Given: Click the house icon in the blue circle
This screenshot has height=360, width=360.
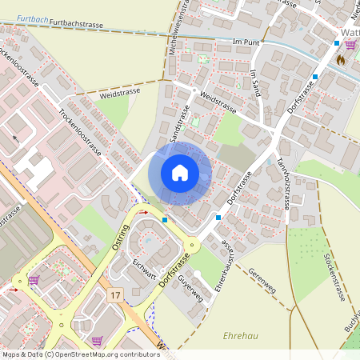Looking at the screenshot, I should click(180, 173).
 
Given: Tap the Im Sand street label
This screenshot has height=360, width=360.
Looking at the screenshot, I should click(256, 83).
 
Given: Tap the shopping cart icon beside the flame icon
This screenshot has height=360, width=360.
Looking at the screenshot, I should click(350, 45).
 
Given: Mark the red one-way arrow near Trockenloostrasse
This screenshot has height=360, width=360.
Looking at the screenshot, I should click(15, 138).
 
